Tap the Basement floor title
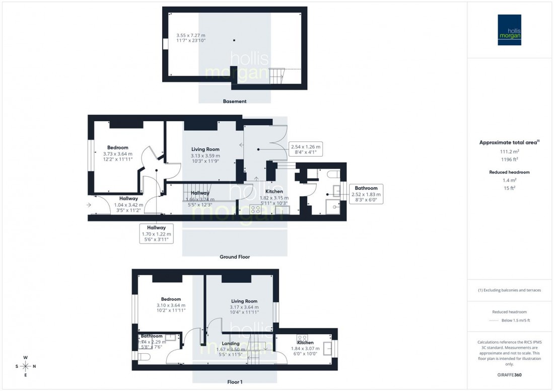235,101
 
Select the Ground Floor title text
235,257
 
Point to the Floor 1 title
235,382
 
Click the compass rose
26,366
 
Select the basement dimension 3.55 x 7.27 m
191,38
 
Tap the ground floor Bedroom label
118,147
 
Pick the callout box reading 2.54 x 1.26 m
305,149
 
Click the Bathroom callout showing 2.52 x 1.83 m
366,194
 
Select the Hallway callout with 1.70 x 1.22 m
156,234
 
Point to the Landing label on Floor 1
231,344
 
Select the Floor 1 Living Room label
244,301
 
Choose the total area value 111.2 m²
510,151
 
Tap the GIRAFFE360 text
510,375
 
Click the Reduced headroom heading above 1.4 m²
510,172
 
